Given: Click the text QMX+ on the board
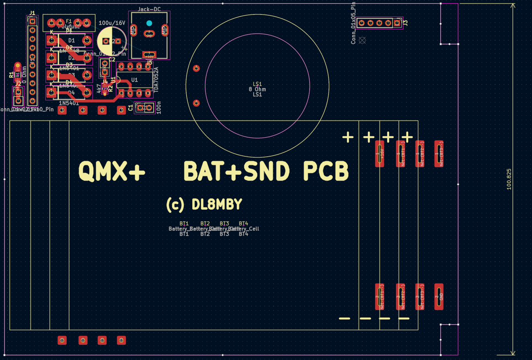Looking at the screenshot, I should [x=111, y=172].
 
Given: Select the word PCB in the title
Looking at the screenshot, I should [x=325, y=172].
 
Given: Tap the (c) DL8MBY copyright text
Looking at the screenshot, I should [x=204, y=205].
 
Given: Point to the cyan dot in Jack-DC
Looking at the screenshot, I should [x=149, y=23].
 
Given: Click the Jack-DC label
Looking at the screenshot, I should [x=149, y=9].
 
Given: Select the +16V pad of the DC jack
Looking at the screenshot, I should [x=149, y=55].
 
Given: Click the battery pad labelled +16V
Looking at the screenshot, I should [x=380, y=153].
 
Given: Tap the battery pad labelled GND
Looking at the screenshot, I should [x=439, y=297].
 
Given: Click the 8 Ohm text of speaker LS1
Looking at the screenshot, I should [x=257, y=89].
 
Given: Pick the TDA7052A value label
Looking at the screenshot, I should [x=156, y=80].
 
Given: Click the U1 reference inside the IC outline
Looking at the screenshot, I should [x=134, y=80].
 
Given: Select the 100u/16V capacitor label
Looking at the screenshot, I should [x=112, y=23].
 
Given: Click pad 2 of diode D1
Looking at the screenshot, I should [x=86, y=40].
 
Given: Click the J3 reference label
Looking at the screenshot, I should [x=405, y=23].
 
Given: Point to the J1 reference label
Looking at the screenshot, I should [x=32, y=13].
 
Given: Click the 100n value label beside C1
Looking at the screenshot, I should [x=158, y=108].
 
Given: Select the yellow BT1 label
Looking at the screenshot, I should [x=184, y=223].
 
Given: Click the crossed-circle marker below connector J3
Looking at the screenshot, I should [x=362, y=40].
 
